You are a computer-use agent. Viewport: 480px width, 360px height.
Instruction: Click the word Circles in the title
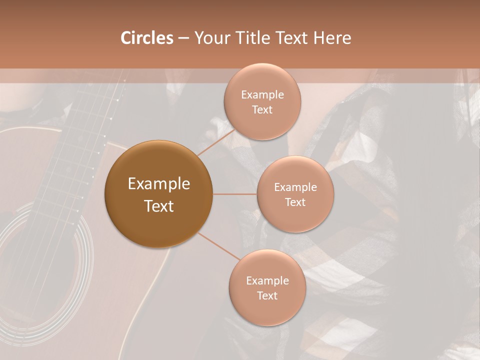coord(147,38)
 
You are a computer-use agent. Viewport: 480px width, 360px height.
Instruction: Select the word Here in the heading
coord(332,38)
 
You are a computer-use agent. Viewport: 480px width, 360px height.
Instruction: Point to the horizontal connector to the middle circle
coord(234,194)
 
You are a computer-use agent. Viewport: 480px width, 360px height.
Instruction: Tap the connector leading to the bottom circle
coord(219,245)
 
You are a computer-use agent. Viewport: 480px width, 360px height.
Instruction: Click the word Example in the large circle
coord(158,184)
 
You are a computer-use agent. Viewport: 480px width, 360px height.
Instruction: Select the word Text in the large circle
coord(158,206)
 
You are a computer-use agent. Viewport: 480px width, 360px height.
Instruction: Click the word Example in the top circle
coord(262,95)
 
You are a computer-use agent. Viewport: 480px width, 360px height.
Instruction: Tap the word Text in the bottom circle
coord(267,295)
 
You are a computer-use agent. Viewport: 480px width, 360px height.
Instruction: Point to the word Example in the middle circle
coord(295,187)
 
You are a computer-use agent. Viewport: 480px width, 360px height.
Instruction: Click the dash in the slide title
coord(183,38)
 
